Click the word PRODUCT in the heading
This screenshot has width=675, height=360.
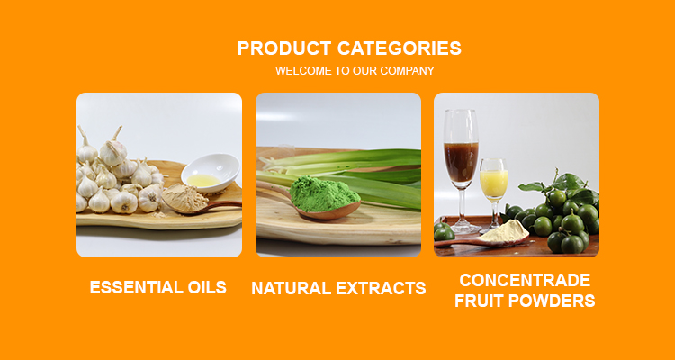(x=284, y=49)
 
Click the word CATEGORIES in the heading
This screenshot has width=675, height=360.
(x=399, y=49)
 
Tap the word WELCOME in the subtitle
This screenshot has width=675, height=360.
(x=304, y=70)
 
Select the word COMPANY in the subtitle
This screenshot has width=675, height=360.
(x=407, y=70)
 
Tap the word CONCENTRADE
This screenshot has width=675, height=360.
(x=525, y=280)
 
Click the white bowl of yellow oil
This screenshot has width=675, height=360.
(x=211, y=173)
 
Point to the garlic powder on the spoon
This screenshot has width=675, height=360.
(x=184, y=198)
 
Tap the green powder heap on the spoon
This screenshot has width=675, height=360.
(x=324, y=193)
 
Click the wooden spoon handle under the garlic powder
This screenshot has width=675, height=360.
(x=224, y=205)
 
